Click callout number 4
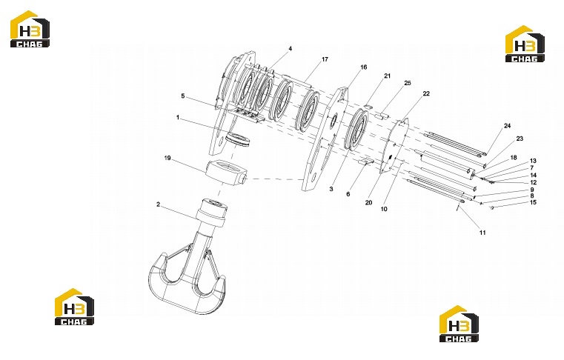[291, 49]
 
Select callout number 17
[325, 59]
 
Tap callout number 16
[364, 67]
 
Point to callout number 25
[408, 83]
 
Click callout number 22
[426, 93]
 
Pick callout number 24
[507, 126]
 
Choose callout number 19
[167, 159]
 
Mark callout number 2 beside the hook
[158, 204]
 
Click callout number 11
[482, 233]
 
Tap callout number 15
[533, 202]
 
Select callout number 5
[183, 96]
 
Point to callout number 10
[384, 209]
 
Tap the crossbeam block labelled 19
[226, 173]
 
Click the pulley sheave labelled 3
[356, 130]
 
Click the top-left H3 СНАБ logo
[30, 29]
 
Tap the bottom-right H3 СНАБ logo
[459, 324]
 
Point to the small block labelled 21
[368, 106]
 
